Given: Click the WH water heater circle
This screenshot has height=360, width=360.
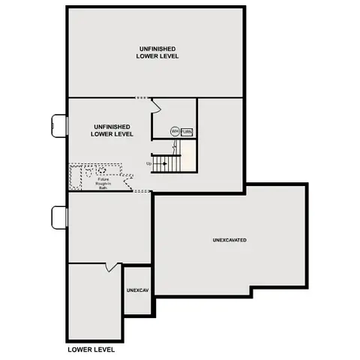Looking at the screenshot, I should [174, 131].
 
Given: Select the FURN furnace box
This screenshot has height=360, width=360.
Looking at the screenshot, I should [187, 131].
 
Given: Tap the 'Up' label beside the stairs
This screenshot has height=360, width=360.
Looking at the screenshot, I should [148, 163].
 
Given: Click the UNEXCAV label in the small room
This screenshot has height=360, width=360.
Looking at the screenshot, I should [137, 289].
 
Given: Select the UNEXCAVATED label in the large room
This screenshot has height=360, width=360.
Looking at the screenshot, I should [229, 240].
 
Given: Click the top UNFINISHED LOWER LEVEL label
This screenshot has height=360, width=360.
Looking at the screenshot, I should [157, 52].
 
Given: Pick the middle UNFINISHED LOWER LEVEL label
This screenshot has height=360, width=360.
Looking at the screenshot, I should [112, 130].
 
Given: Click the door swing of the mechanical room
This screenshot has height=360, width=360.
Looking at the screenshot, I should [156, 106].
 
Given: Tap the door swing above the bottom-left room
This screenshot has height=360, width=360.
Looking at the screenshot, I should [112, 267].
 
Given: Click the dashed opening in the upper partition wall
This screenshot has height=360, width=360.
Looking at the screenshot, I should [142, 98].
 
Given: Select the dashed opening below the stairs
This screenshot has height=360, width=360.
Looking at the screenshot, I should [142, 192].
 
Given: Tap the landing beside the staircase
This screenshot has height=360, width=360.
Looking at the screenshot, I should [189, 158].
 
